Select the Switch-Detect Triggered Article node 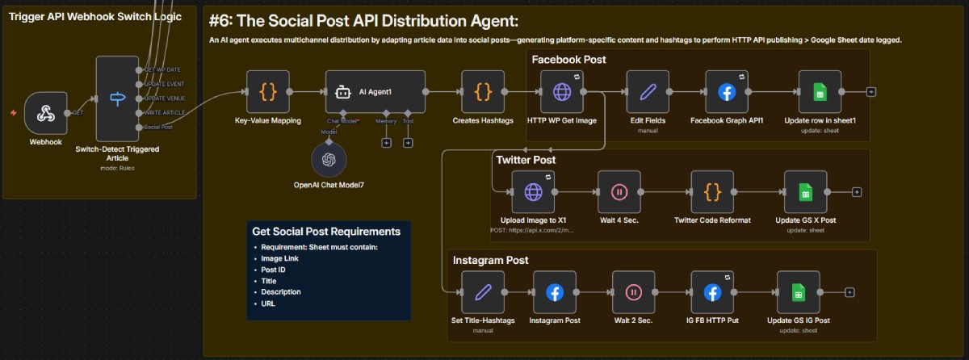coord(117,98)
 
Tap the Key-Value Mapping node coord(268,92)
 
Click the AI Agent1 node coord(375,92)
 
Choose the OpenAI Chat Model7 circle coord(328,159)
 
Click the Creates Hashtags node coord(483,92)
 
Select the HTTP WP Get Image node coord(561,92)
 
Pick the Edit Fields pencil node coord(647,92)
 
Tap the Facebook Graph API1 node coord(727,92)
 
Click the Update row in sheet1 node coord(820,92)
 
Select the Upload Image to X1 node coord(533,191)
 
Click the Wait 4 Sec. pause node coord(619,191)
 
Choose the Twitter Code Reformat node coord(712,191)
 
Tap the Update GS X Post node coord(806,191)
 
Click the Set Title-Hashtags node coord(483,292)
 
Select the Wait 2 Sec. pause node coord(633,292)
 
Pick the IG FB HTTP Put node coord(712,292)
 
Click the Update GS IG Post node coord(799,292)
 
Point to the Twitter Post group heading coord(526,160)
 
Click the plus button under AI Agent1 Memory coord(386,143)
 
